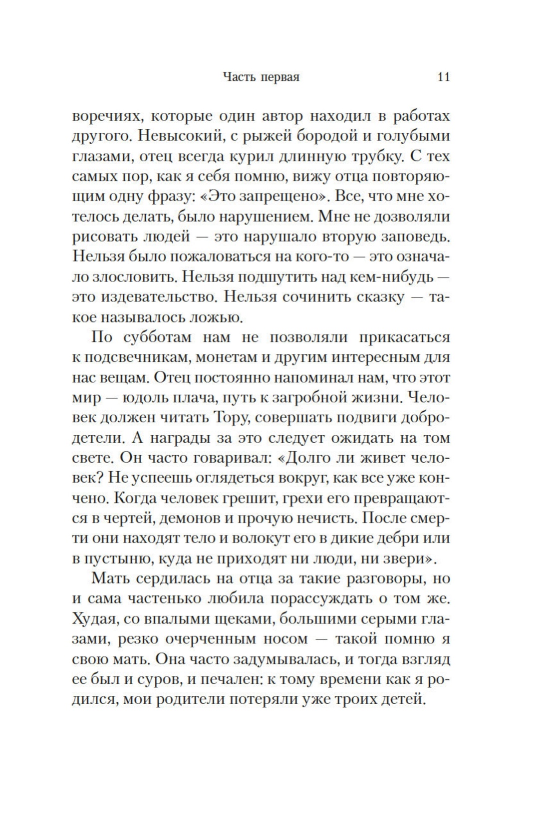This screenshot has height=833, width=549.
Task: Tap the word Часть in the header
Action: pos(239,77)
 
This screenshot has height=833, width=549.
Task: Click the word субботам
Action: pos(154,337)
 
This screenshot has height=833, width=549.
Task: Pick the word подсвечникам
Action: pos(137,357)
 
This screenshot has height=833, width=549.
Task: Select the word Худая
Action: pos(95,619)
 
